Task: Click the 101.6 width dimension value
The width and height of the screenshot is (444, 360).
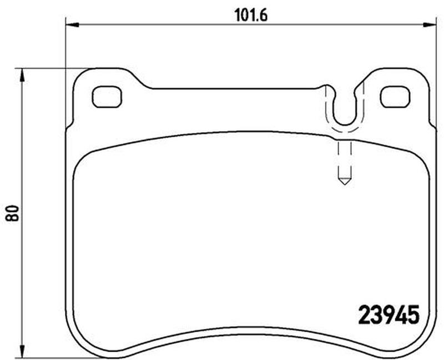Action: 251,16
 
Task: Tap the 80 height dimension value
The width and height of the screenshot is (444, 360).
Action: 13,213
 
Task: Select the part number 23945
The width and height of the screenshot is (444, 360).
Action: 389,314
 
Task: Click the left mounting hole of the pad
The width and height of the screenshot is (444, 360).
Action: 107,97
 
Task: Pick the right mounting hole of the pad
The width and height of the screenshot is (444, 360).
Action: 395,97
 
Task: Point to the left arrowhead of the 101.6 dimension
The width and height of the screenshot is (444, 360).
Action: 72,25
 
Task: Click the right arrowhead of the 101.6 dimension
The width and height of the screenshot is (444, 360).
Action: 430,25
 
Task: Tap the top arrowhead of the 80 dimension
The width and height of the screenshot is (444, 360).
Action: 22,75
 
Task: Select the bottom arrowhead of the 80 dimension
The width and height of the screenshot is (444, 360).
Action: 22,351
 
